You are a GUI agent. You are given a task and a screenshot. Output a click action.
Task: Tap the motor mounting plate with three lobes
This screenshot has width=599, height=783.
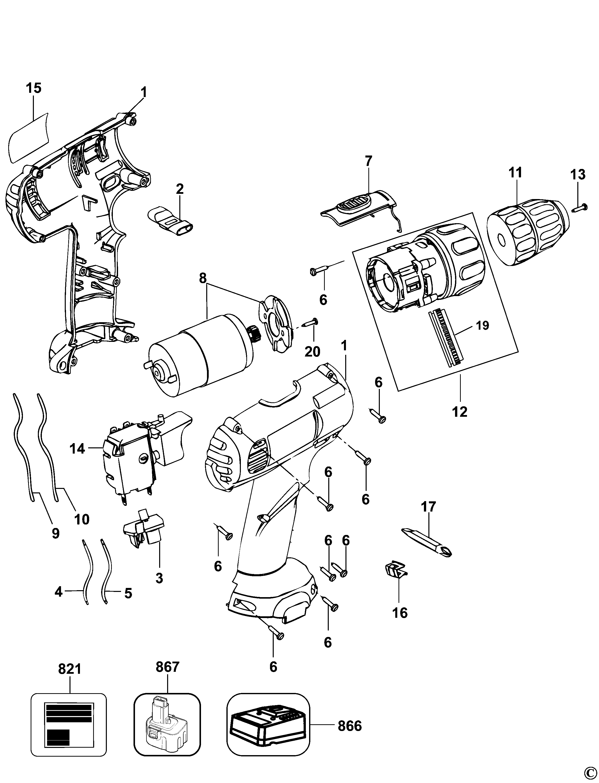click(x=276, y=321)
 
